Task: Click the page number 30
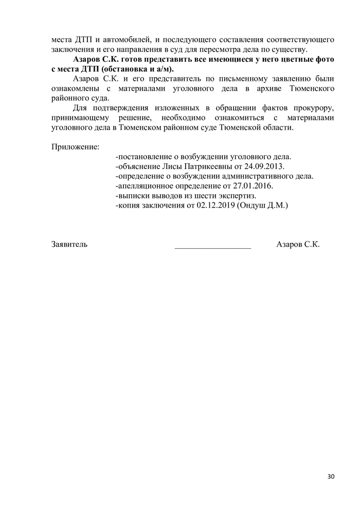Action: (x=331, y=477)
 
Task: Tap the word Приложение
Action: (x=75, y=147)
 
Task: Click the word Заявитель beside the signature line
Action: (x=69, y=244)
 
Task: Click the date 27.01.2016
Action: (x=254, y=186)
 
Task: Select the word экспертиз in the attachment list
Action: (x=238, y=196)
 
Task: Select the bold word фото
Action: (x=325, y=59)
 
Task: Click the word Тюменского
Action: (x=312, y=89)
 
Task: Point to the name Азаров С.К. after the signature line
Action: (x=298, y=244)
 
